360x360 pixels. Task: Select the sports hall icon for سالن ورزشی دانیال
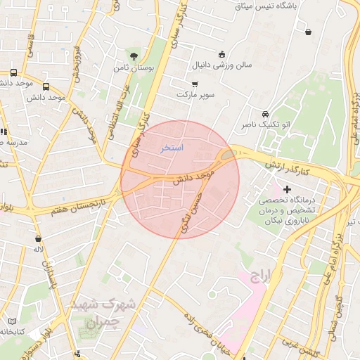point(222,54)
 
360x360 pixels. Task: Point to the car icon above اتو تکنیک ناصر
point(264,114)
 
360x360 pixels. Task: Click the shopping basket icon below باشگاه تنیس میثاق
point(309,31)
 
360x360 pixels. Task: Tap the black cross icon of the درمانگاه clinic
point(287,188)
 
